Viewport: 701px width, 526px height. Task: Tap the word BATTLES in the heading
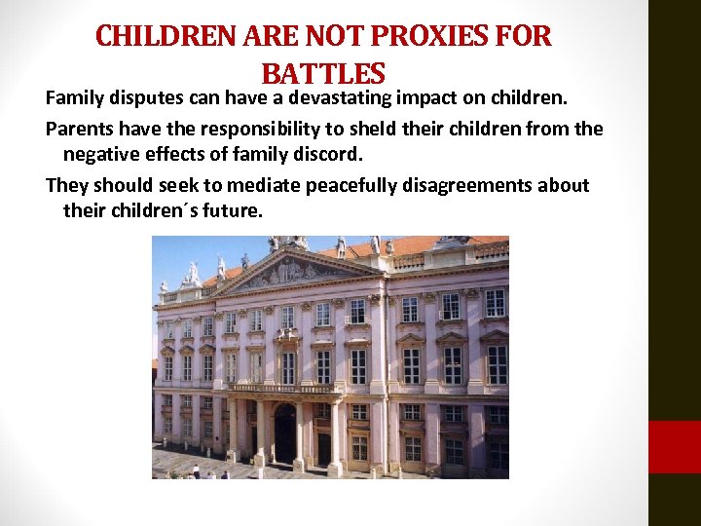click(323, 73)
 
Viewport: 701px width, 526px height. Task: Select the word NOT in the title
click(334, 37)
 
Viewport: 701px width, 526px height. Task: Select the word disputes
click(149, 97)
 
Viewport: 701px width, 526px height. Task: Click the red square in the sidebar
click(674, 447)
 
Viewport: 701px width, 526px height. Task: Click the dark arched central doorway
click(285, 434)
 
